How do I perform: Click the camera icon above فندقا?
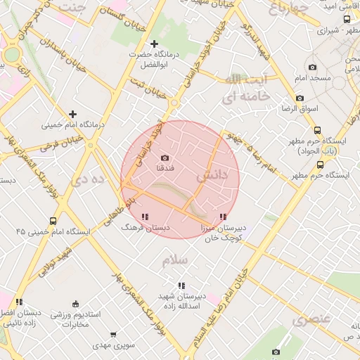click(165, 158)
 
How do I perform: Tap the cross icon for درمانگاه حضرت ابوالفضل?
click(154, 44)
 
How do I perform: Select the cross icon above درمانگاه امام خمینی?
click(72, 114)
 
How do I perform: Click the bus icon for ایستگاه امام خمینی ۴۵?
click(53, 221)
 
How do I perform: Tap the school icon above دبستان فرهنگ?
click(145, 217)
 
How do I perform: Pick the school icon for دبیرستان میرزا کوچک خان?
click(223, 217)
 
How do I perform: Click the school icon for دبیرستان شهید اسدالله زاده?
click(181, 285)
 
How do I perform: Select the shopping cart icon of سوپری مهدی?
click(114, 335)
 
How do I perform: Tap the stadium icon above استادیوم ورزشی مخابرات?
click(75, 304)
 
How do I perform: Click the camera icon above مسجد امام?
click(312, 67)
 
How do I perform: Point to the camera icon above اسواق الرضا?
click(300, 98)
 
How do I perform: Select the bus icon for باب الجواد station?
click(318, 130)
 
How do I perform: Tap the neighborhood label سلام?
click(175, 260)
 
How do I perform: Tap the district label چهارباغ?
click(289, 8)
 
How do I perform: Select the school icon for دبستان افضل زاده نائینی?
click(19, 302)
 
